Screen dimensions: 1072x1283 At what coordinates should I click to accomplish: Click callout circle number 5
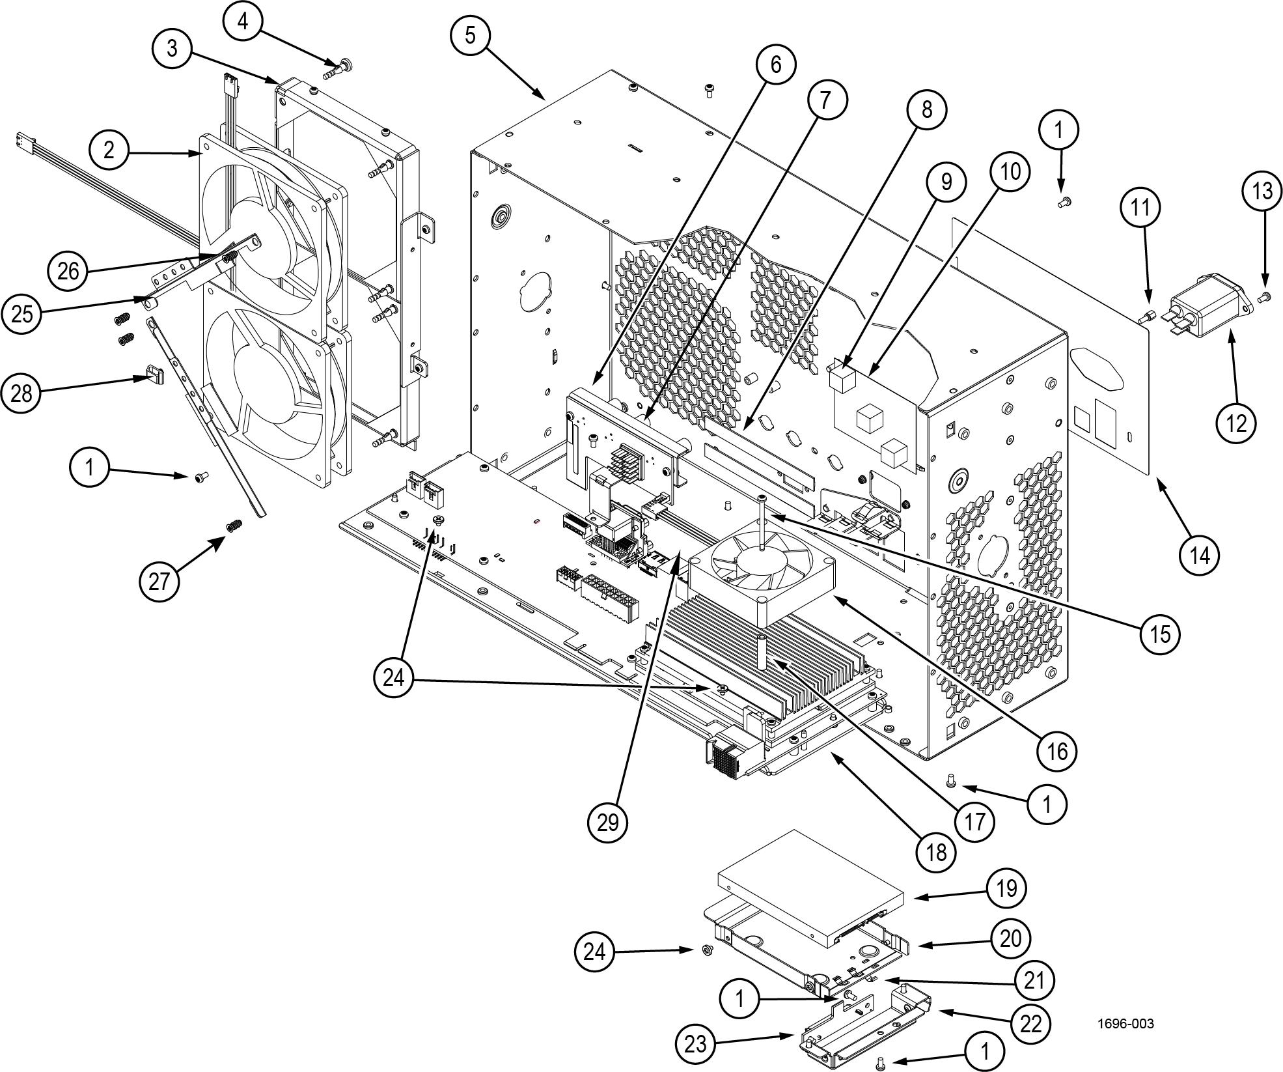[x=470, y=35]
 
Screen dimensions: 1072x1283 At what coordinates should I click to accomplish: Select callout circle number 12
[x=1235, y=423]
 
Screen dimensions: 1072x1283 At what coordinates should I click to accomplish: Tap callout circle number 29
[x=607, y=823]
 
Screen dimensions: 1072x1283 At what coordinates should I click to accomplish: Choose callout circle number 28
[x=21, y=393]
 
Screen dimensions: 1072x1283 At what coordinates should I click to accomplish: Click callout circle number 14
[x=1199, y=556]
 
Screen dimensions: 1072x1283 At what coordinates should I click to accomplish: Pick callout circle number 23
[x=695, y=1044]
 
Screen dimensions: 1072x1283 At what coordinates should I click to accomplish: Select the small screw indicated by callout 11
[x=1145, y=318]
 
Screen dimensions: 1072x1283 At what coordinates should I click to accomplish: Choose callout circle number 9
[x=945, y=182]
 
